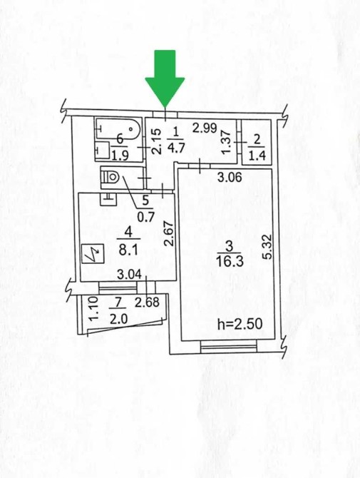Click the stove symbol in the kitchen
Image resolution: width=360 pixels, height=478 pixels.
pyautogui.click(x=93, y=255)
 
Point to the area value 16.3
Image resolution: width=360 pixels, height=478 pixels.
pyautogui.click(x=230, y=262)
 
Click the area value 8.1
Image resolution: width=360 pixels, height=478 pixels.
pyautogui.click(x=128, y=250)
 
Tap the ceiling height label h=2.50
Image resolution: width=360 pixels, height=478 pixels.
pyautogui.click(x=240, y=324)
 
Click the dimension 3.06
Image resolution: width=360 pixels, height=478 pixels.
pyautogui.click(x=230, y=177)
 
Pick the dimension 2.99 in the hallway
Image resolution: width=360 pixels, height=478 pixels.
pyautogui.click(x=205, y=128)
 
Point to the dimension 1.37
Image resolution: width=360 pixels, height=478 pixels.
pyautogui.click(x=227, y=143)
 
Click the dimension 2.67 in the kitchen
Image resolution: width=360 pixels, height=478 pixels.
pyautogui.click(x=170, y=233)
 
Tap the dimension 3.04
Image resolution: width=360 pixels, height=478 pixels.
pyautogui.click(x=130, y=275)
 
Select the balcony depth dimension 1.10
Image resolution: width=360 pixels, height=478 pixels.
pyautogui.click(x=94, y=309)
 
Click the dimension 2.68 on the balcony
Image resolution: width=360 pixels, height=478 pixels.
pyautogui.click(x=147, y=302)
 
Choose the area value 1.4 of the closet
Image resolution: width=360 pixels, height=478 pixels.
pyautogui.click(x=257, y=155)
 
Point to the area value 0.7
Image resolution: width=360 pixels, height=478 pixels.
pyautogui.click(x=146, y=217)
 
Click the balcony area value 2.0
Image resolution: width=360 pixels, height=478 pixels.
pyautogui.click(x=118, y=319)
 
